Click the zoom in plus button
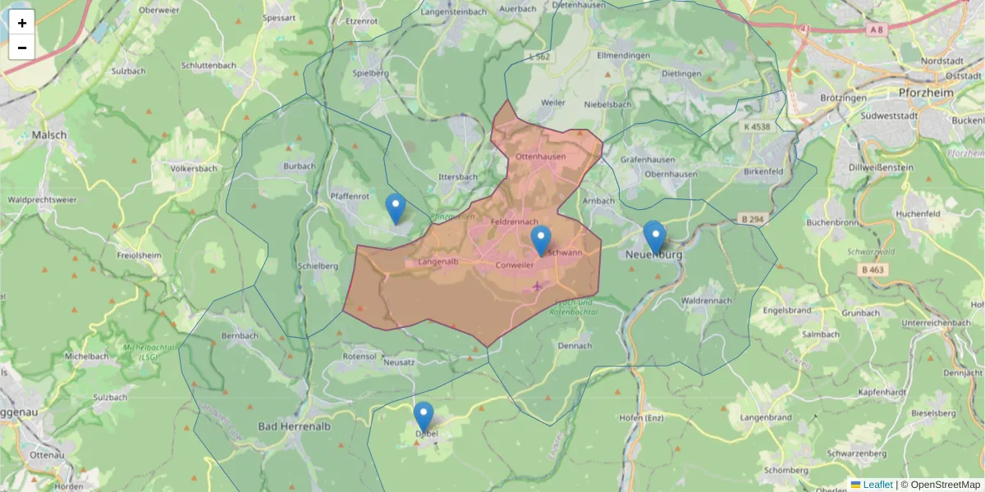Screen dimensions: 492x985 [22, 23]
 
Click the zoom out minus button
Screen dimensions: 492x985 [22, 48]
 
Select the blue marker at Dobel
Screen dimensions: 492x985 [424, 417]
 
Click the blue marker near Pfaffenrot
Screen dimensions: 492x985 [396, 208]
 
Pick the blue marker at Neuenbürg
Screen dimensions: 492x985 [654, 237]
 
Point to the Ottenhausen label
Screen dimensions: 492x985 [541, 157]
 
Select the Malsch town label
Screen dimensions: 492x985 [49, 134]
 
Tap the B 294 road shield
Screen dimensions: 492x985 [751, 220]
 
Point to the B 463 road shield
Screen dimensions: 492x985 [875, 269]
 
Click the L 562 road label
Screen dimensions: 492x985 [540, 57]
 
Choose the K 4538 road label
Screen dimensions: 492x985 [757, 127]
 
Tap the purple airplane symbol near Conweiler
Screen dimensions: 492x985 [538, 286]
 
